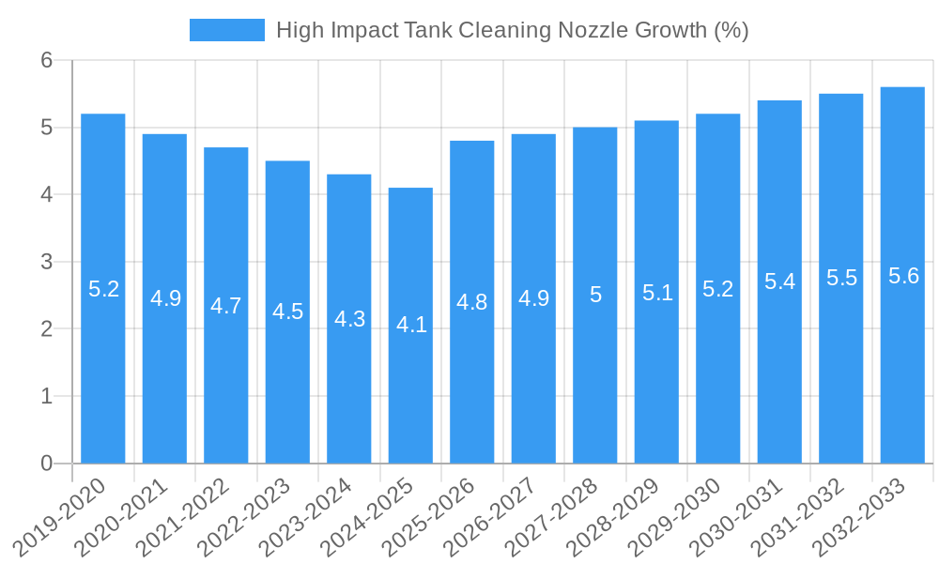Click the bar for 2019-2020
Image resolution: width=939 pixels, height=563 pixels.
[103, 375]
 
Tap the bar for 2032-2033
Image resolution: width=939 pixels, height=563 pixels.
[902, 375]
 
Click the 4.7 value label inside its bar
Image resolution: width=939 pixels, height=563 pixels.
[226, 306]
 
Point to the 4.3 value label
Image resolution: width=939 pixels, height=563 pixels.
[349, 319]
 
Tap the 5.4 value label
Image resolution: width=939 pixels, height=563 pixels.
[779, 281]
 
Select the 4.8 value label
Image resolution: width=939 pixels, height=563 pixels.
[471, 302]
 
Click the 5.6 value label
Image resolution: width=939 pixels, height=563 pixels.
[902, 276]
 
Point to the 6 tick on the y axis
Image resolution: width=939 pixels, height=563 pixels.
[48, 60]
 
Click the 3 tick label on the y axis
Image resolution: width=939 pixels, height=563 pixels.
[48, 262]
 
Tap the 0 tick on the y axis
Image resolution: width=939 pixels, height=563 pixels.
[48, 464]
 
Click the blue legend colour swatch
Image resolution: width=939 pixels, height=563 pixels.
[227, 30]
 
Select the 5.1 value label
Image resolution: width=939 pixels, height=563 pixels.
[657, 293]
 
